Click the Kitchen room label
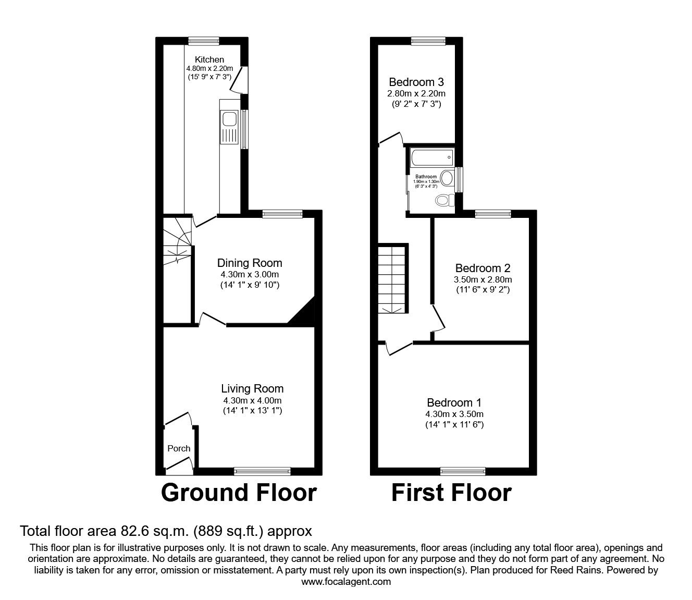pos(209,59)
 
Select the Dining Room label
pos(250,263)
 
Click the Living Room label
pos(252,388)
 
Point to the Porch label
pos(179,448)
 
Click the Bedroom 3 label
pos(416,82)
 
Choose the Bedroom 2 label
pos(483,268)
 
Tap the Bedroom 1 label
pos(454,402)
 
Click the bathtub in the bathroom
pos(431,156)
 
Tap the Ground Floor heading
pos(239,493)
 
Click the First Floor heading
pos(451,493)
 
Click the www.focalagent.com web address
pos(346,582)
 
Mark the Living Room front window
pos(262,471)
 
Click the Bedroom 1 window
pos(463,471)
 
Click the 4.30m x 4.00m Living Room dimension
pos(252,400)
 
